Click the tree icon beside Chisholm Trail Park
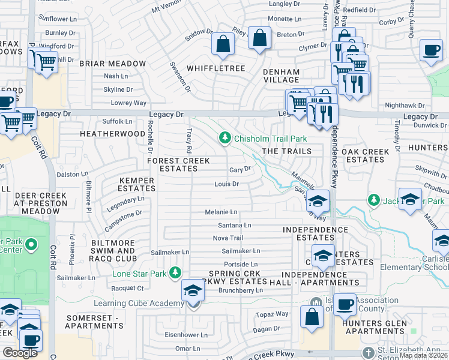[225, 139]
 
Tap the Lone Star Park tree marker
[175, 273]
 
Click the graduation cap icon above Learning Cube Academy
[193, 290]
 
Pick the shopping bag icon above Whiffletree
[223, 44]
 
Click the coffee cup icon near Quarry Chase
[430, 50]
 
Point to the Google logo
[20, 353]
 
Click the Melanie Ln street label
[221, 212]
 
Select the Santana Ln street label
[234, 225]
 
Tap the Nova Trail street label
[228, 238]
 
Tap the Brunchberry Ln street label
[242, 290]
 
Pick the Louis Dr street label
[227, 184]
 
